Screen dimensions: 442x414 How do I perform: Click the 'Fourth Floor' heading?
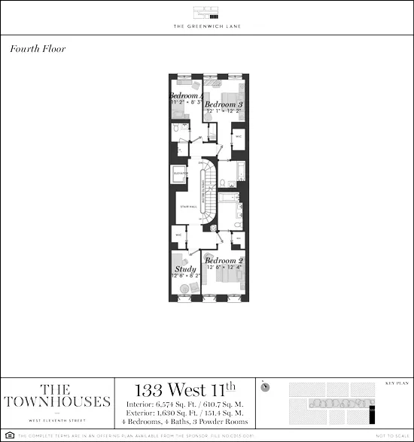38,49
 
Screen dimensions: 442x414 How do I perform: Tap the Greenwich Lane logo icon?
206,13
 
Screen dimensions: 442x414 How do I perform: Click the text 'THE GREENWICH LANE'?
206,27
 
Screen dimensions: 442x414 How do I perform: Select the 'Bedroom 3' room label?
224,104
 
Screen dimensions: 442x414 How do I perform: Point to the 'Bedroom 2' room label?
224,261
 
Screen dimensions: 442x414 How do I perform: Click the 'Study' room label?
185,269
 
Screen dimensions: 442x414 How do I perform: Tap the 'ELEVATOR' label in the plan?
181,173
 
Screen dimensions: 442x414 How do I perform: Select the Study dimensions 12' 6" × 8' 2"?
185,277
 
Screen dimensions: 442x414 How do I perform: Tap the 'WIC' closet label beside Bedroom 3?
238,137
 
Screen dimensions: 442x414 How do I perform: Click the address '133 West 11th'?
184,391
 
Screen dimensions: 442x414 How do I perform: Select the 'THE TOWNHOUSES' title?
57,395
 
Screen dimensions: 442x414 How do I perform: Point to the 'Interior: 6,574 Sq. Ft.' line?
184,405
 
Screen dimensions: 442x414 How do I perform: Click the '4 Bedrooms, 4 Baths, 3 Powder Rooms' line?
184,421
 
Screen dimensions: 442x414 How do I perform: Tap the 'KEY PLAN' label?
394,382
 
